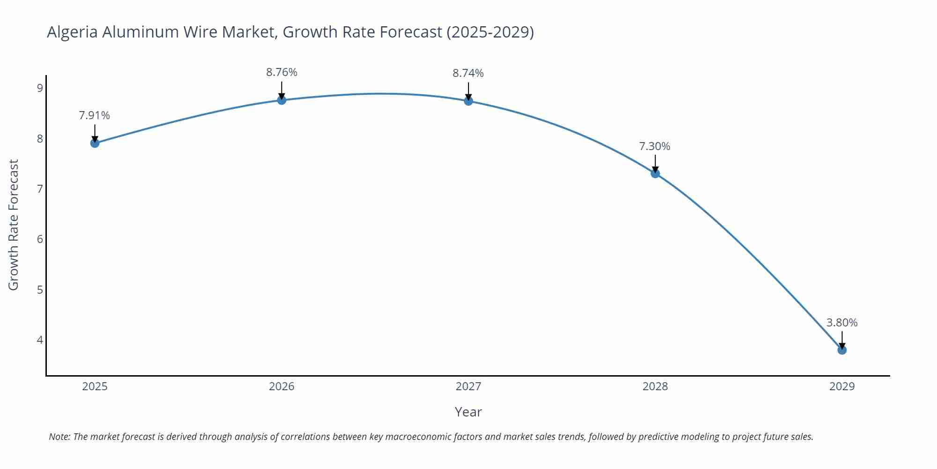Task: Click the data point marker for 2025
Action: pyautogui.click(x=95, y=143)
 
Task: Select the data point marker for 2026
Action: pyautogui.click(x=282, y=100)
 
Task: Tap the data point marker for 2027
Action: pyautogui.click(x=468, y=101)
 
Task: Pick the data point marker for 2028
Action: pyautogui.click(x=655, y=174)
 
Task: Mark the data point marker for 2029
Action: pyautogui.click(x=842, y=350)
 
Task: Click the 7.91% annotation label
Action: pyautogui.click(x=94, y=115)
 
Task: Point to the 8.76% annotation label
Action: pyautogui.click(x=282, y=72)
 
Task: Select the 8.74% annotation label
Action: pyautogui.click(x=468, y=73)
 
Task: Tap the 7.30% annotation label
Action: pyautogui.click(x=654, y=146)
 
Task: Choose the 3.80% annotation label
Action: pyautogui.click(x=842, y=323)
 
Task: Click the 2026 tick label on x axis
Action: pyautogui.click(x=282, y=386)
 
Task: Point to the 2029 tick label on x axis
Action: pyautogui.click(x=842, y=386)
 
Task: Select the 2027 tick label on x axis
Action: pyautogui.click(x=468, y=386)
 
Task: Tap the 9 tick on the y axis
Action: pyautogui.click(x=40, y=88)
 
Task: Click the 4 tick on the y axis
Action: pyautogui.click(x=40, y=340)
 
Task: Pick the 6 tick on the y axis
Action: pyautogui.click(x=40, y=239)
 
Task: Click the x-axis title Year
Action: pyautogui.click(x=468, y=412)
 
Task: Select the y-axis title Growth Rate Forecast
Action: pyautogui.click(x=13, y=225)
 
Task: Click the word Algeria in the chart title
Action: pyautogui.click(x=72, y=32)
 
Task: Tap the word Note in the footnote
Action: pyautogui.click(x=59, y=437)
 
